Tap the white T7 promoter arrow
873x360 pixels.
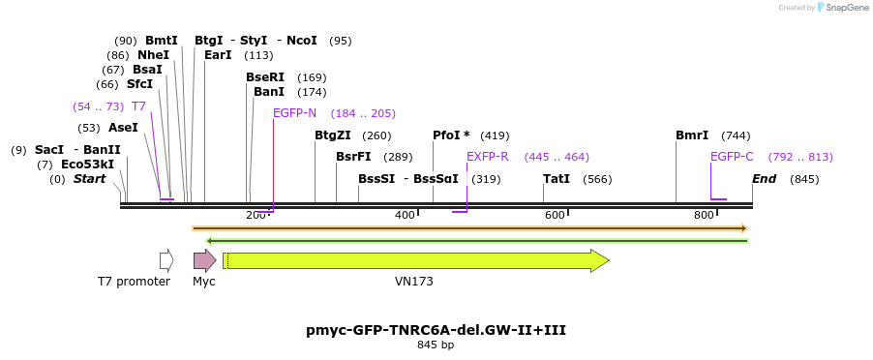[166, 259]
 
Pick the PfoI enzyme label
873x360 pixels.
[451, 135]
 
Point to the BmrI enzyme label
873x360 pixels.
[692, 135]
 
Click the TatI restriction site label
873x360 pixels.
[557, 179]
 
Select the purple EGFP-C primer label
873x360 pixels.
[732, 157]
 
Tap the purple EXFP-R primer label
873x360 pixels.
[488, 157]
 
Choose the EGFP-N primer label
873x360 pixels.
[294, 113]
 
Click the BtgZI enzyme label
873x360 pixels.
[333, 135]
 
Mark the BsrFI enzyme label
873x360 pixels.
[353, 157]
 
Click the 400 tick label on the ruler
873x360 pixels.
[405, 214]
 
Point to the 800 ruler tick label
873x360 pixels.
[704, 214]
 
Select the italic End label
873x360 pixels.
[765, 179]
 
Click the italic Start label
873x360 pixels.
[89, 179]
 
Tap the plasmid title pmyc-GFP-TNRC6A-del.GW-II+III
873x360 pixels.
[436, 330]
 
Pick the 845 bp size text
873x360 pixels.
[436, 345]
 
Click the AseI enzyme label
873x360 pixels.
[123, 128]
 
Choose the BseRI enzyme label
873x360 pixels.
[265, 77]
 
